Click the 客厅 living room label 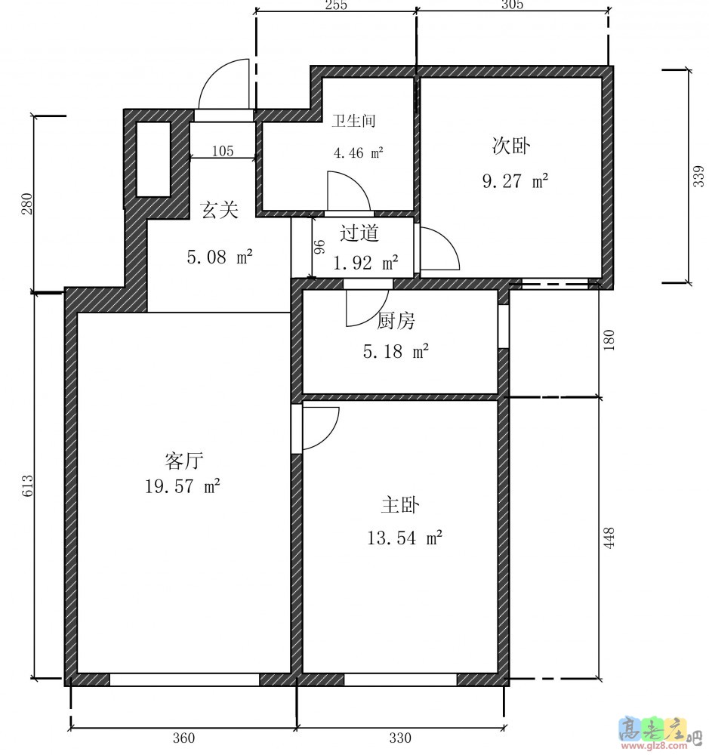pos(183,461)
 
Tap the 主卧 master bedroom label pos(400,505)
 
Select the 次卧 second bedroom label pos(511,146)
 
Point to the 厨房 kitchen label pos(396,321)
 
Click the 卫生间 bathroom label pos(353,120)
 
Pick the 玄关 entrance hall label pos(220,210)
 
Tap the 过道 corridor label pos(359,233)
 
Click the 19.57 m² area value pos(183,485)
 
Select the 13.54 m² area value pos(405,538)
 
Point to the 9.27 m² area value pos(516,180)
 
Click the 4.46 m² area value pos(359,153)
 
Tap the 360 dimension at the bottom pos(183,738)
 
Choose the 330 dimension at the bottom pos(400,738)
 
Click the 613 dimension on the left pos(27,485)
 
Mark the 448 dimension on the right pos(609,538)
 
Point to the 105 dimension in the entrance pos(223,151)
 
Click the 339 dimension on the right pos(698,176)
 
